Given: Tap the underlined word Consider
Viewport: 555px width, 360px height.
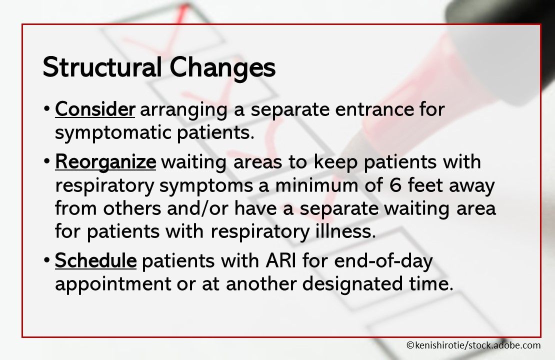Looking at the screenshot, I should (x=95, y=109).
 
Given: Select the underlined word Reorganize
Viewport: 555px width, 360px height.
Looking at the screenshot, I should (x=105, y=162).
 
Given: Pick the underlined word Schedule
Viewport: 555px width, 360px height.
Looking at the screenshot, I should (x=95, y=260).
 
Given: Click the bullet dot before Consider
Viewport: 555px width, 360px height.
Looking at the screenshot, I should (x=46, y=109).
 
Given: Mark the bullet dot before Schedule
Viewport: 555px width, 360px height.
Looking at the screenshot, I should (x=46, y=261).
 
